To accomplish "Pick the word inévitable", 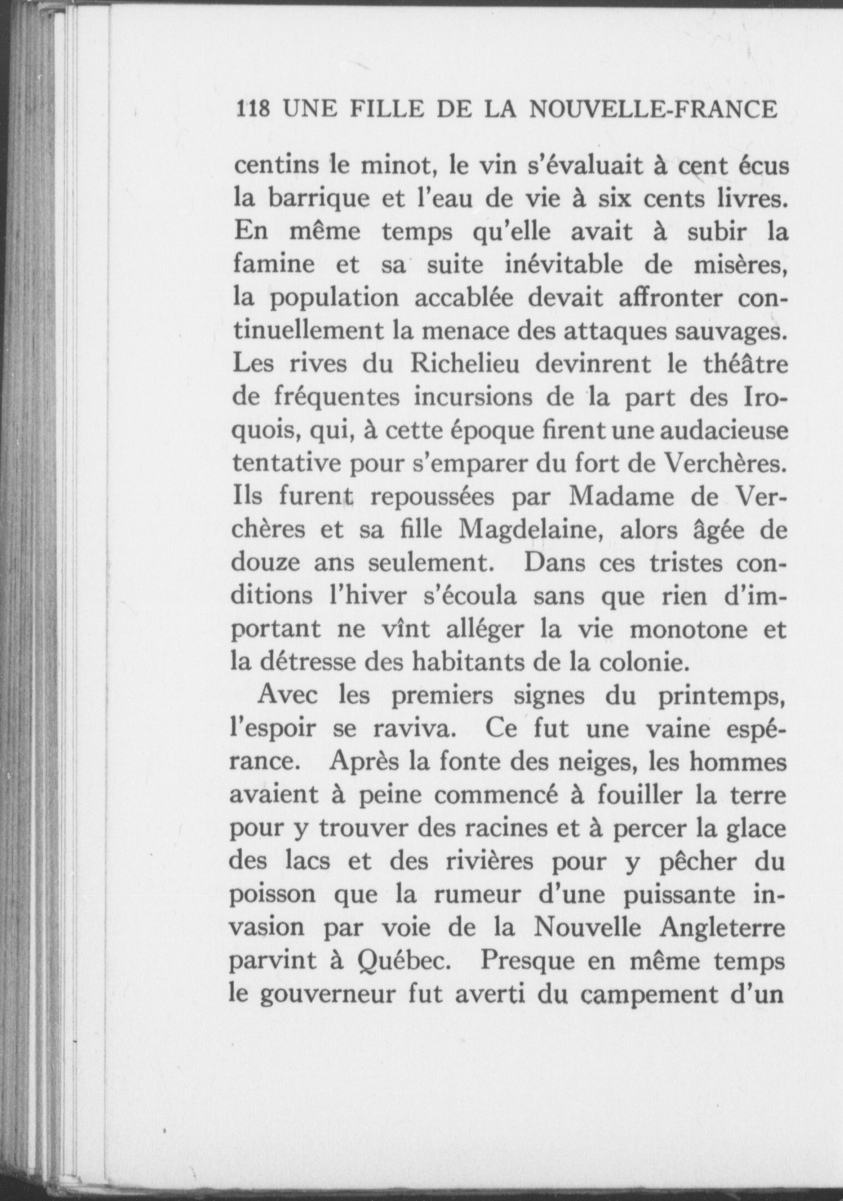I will point(564,265).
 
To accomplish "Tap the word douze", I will point(266,563).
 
